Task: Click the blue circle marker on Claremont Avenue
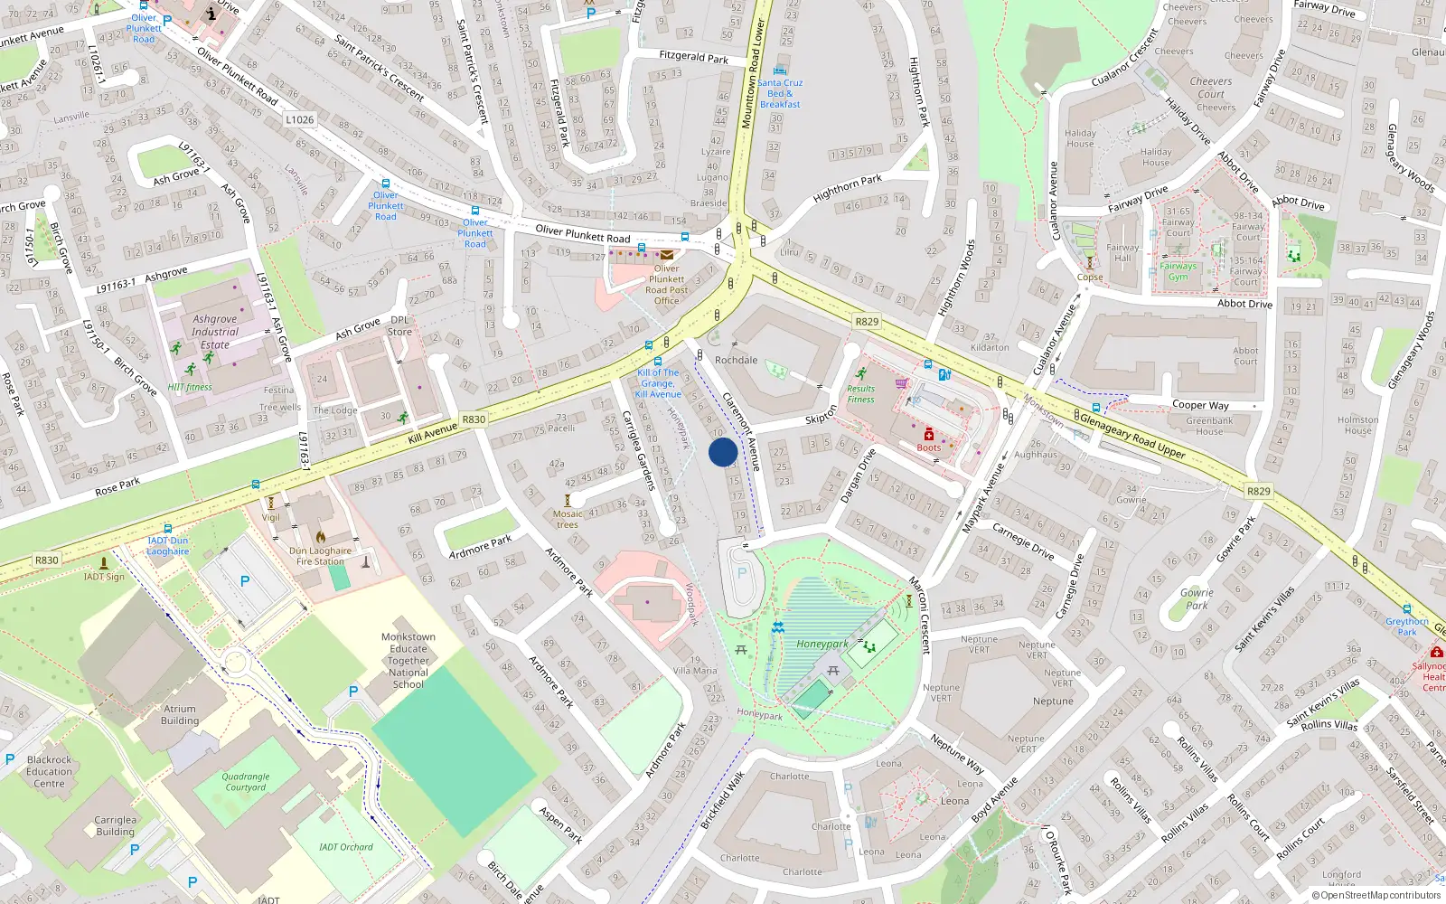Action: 723,452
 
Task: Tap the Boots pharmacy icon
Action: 928,435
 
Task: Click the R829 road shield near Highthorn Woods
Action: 866,322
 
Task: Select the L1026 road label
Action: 299,119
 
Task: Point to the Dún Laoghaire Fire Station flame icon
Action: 320,536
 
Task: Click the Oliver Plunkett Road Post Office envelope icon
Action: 667,255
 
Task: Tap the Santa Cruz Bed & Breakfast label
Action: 780,93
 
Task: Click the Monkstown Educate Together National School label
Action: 408,661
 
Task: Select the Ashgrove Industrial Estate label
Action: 215,332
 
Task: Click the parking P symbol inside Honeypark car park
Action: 742,572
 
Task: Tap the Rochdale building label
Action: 737,360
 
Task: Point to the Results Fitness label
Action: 860,393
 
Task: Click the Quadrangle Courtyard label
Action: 246,782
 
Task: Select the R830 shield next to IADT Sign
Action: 47,560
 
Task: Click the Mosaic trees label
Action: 568,519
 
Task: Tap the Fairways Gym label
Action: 1178,271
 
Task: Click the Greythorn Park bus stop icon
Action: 1407,610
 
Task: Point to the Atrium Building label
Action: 180,715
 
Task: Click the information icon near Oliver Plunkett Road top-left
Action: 211,14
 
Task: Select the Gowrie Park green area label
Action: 1197,599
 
